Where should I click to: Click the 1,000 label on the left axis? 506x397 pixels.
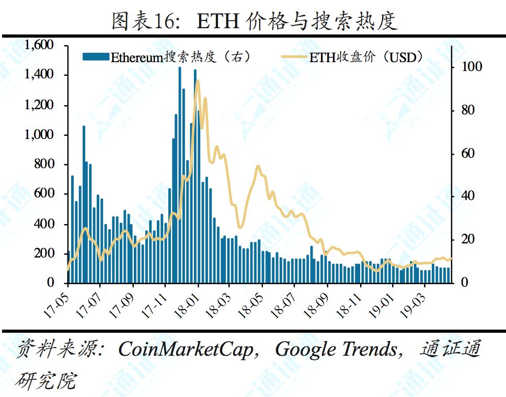(x=39, y=135)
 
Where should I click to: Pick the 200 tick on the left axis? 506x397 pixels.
(x=44, y=253)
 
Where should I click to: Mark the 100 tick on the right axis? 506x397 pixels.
(x=462, y=67)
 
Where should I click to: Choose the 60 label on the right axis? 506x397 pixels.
(x=459, y=154)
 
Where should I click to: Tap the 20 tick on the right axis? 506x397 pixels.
(x=459, y=239)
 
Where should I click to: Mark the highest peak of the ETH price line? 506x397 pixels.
(x=197, y=81)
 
